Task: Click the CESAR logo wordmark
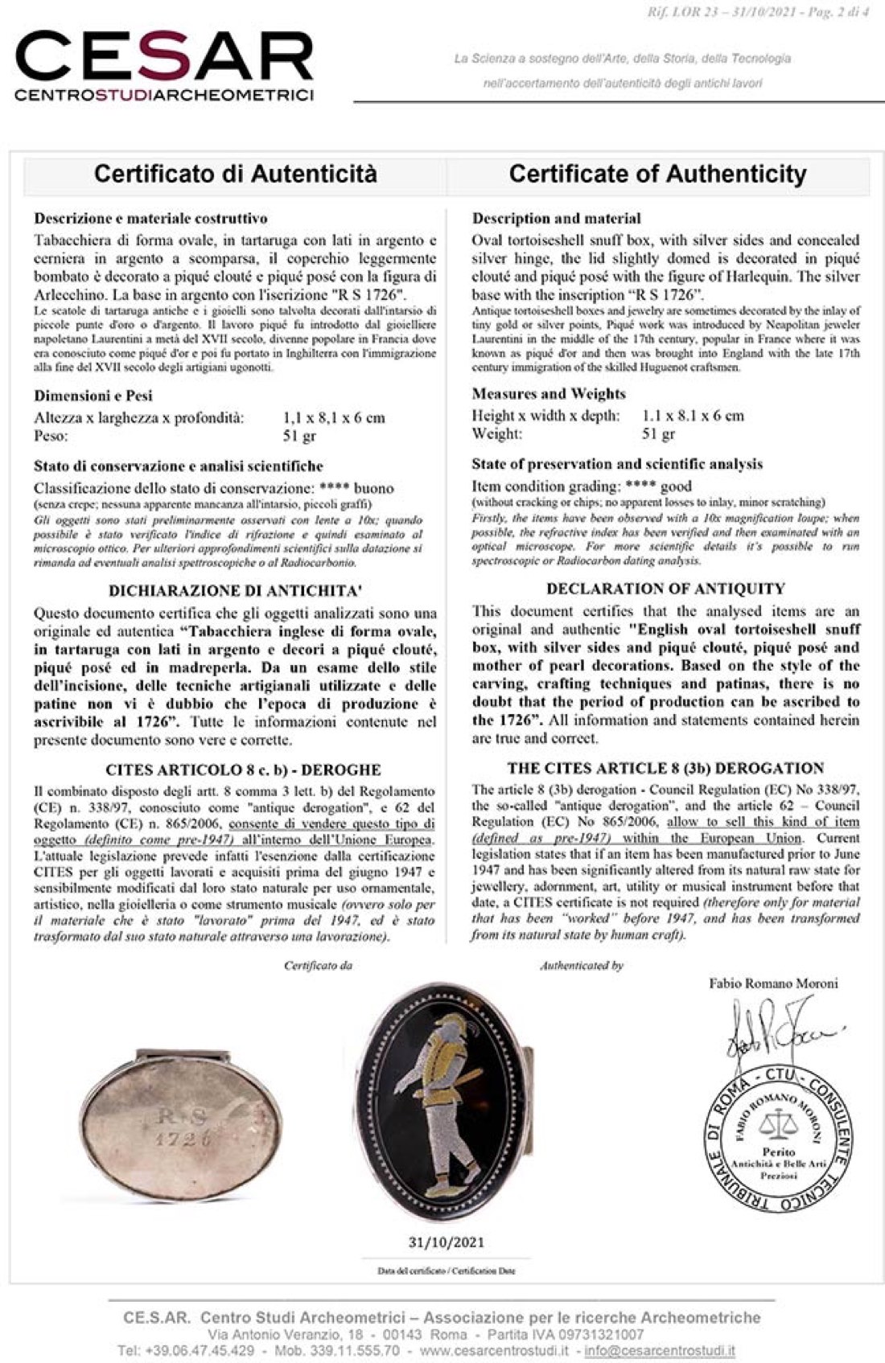[164, 59]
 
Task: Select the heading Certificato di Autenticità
[235, 174]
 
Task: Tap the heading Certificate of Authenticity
[657, 174]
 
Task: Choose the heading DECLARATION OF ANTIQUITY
[665, 589]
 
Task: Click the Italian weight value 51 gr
[299, 436]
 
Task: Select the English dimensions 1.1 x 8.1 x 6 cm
[693, 416]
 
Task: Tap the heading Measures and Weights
[549, 393]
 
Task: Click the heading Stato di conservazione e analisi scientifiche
[178, 466]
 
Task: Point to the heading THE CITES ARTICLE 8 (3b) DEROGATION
[665, 768]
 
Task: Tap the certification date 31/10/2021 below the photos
[447, 1242]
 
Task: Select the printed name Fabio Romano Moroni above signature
[773, 983]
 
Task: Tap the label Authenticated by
[581, 965]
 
